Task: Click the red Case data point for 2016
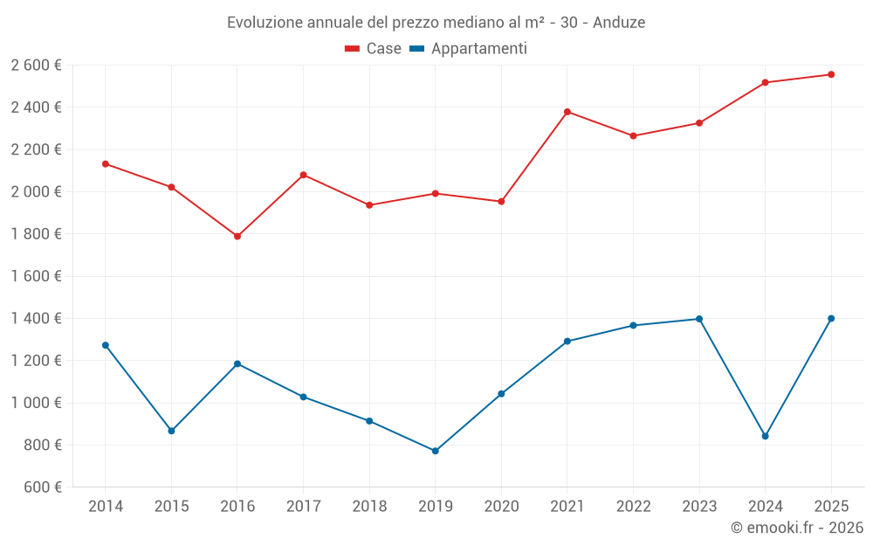[237, 236]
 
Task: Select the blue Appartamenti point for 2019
[436, 451]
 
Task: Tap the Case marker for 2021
[567, 112]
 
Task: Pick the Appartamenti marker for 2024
[766, 436]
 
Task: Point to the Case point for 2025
[831, 74]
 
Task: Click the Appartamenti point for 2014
[106, 345]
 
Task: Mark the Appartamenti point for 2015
[171, 431]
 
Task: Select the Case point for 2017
[303, 175]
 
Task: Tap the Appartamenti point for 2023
[699, 319]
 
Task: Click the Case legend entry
[374, 49]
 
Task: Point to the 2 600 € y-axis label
[36, 66]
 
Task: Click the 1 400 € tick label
[36, 319]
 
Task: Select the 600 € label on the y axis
[42, 487]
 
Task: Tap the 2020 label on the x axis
[501, 507]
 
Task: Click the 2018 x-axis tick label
[369, 507]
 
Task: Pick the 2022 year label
[633, 507]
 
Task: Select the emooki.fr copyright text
[797, 528]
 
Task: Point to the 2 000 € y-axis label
[36, 192]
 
